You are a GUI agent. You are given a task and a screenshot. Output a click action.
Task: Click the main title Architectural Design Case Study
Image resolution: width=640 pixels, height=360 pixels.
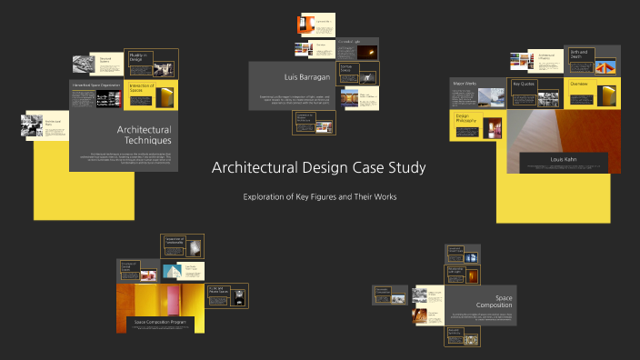318,168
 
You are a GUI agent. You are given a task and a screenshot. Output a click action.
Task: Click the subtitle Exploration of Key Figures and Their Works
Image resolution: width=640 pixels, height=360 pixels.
319,196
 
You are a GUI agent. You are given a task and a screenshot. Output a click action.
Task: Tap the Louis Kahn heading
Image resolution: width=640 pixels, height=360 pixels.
564,159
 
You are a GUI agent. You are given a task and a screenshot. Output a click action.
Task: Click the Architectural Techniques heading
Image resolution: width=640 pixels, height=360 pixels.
144,135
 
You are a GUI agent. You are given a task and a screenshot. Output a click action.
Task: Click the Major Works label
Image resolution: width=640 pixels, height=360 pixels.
465,84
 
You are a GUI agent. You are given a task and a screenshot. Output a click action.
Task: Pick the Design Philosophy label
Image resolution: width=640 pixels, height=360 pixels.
464,118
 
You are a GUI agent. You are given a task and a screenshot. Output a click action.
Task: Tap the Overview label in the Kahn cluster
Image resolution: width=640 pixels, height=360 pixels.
579,84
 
